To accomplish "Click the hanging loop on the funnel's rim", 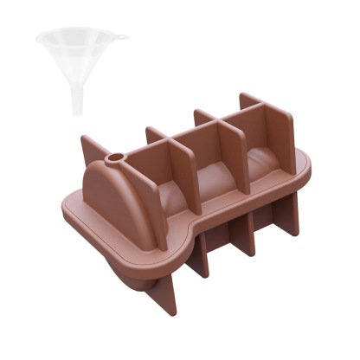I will tap(122, 37).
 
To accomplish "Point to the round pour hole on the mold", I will tap(113, 160).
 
